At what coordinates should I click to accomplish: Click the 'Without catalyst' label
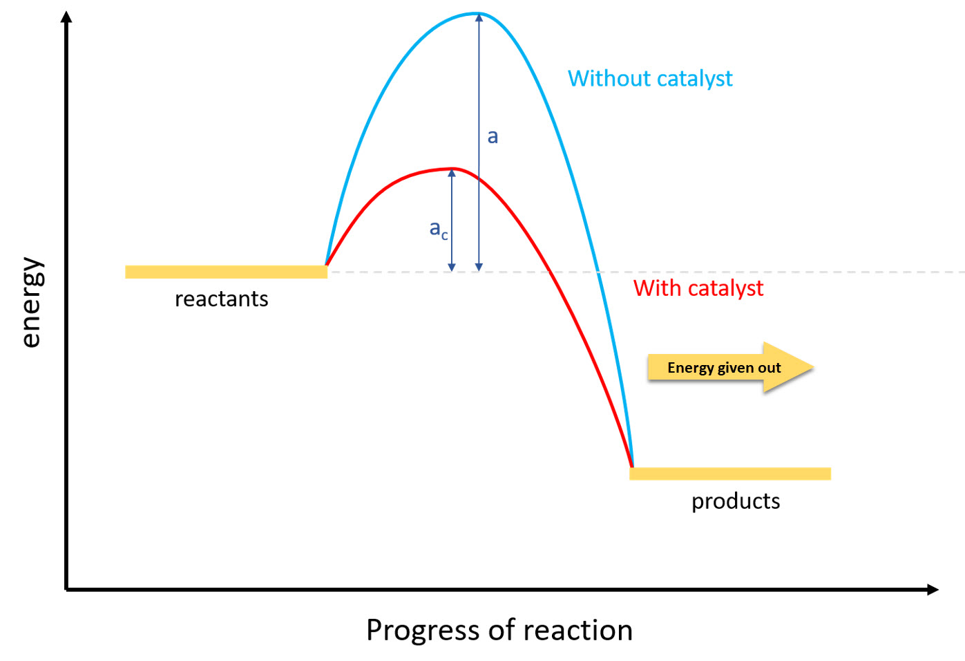pyautogui.click(x=649, y=79)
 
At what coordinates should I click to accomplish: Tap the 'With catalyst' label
pyautogui.click(x=698, y=288)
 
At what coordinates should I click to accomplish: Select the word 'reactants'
pyautogui.click(x=221, y=299)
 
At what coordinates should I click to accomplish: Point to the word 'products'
pyautogui.click(x=735, y=501)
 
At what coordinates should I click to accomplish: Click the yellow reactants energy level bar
pyautogui.click(x=226, y=272)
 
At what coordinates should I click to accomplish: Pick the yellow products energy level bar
pyautogui.click(x=730, y=474)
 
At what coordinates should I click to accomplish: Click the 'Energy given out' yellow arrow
pyautogui.click(x=729, y=368)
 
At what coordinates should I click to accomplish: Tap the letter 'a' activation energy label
pyautogui.click(x=493, y=136)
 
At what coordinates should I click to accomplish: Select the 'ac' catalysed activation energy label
pyautogui.click(x=439, y=229)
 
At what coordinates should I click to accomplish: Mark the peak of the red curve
pyautogui.click(x=452, y=169)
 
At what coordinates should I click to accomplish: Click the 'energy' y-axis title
pyautogui.click(x=30, y=302)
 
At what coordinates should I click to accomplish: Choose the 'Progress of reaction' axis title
pyautogui.click(x=499, y=630)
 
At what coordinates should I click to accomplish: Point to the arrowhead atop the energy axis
pyautogui.click(x=66, y=17)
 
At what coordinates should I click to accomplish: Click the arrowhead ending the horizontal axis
pyautogui.click(x=933, y=589)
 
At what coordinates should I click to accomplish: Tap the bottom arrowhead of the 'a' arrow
pyautogui.click(x=479, y=267)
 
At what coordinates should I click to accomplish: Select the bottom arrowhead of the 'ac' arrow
pyautogui.click(x=452, y=267)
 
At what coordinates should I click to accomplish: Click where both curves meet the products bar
pyautogui.click(x=631, y=467)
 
